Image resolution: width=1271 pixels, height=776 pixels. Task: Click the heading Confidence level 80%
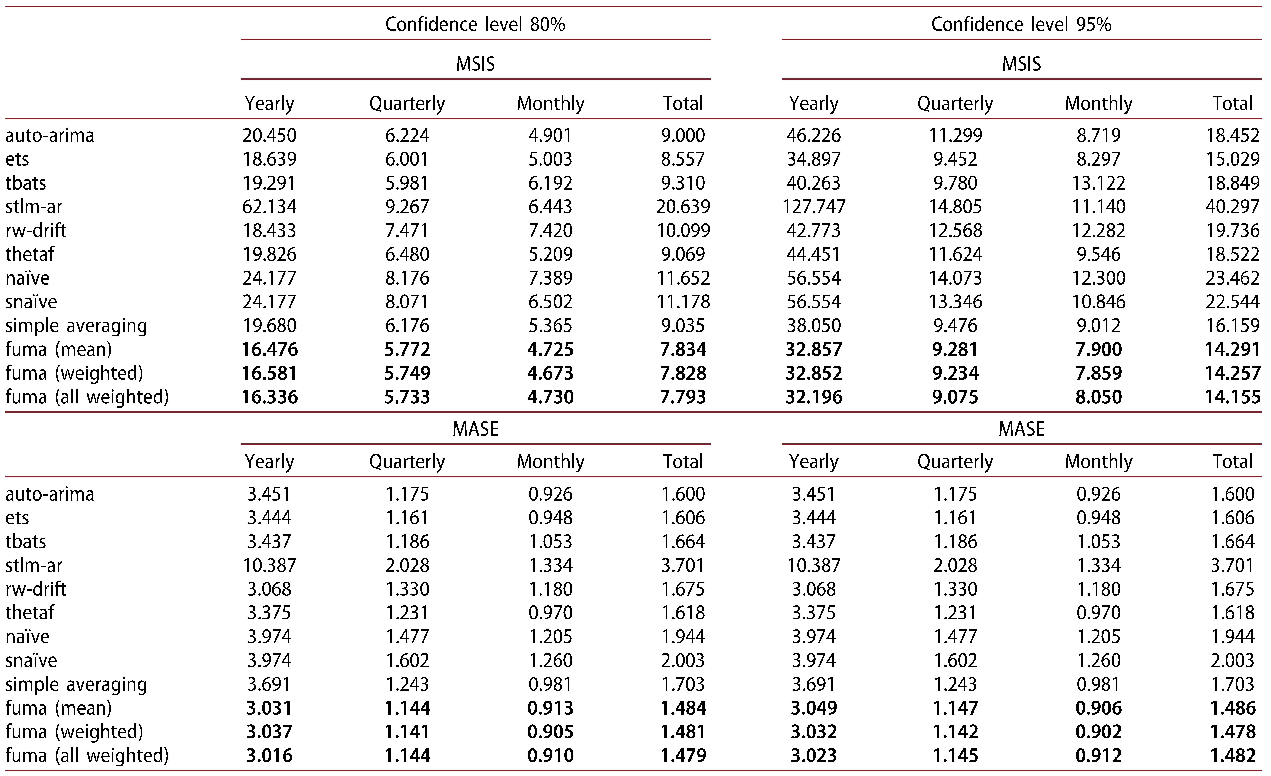(475, 24)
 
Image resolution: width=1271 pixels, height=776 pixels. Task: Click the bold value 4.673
(550, 373)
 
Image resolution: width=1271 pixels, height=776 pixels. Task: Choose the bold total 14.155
(1232, 397)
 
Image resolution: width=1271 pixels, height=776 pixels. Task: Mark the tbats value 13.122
(1099, 183)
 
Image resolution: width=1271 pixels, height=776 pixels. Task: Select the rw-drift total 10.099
(683, 231)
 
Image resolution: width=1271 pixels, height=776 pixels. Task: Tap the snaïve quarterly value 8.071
(407, 302)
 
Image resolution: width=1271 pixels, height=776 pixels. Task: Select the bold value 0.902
(1099, 732)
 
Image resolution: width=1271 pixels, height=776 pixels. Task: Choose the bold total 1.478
(1232, 732)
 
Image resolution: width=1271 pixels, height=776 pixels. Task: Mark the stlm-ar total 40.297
(1232, 207)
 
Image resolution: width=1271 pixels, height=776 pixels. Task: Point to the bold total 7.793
(683, 397)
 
